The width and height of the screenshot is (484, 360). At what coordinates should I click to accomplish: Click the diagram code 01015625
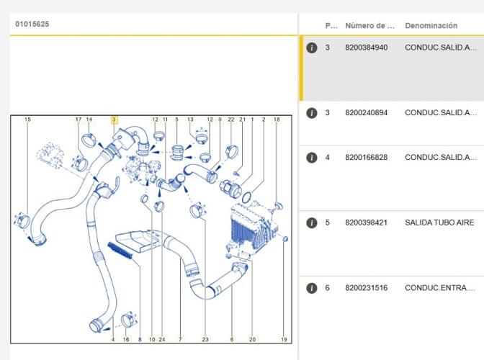(x=32, y=24)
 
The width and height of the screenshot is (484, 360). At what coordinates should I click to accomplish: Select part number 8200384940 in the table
(x=367, y=48)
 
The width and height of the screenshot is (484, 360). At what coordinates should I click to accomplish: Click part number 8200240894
(x=367, y=112)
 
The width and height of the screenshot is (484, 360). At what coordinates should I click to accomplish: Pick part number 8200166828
(x=367, y=158)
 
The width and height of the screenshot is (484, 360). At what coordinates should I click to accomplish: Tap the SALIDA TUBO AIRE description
(x=439, y=222)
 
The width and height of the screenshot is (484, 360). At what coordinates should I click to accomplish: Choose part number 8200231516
(x=367, y=288)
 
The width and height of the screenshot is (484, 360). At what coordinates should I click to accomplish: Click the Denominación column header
(x=431, y=26)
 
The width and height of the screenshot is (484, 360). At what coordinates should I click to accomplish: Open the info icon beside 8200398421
(x=312, y=222)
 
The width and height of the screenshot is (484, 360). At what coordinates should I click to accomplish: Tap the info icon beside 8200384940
(x=312, y=48)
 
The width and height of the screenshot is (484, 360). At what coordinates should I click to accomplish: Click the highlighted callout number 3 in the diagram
(x=115, y=120)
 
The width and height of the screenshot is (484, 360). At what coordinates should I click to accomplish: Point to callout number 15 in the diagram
(x=27, y=120)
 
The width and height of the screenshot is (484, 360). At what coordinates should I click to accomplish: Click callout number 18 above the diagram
(x=277, y=120)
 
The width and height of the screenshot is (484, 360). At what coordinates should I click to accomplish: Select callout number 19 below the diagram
(x=284, y=339)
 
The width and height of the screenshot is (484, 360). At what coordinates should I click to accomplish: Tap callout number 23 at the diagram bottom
(x=205, y=339)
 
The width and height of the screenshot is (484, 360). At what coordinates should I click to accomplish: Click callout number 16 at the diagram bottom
(x=126, y=339)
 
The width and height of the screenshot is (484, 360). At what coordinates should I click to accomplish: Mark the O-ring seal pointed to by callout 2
(x=246, y=197)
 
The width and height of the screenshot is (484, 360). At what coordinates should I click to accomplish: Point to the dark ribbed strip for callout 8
(x=120, y=250)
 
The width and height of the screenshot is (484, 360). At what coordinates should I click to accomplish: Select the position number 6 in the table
(x=328, y=288)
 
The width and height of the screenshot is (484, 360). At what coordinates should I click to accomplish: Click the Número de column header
(x=369, y=26)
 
